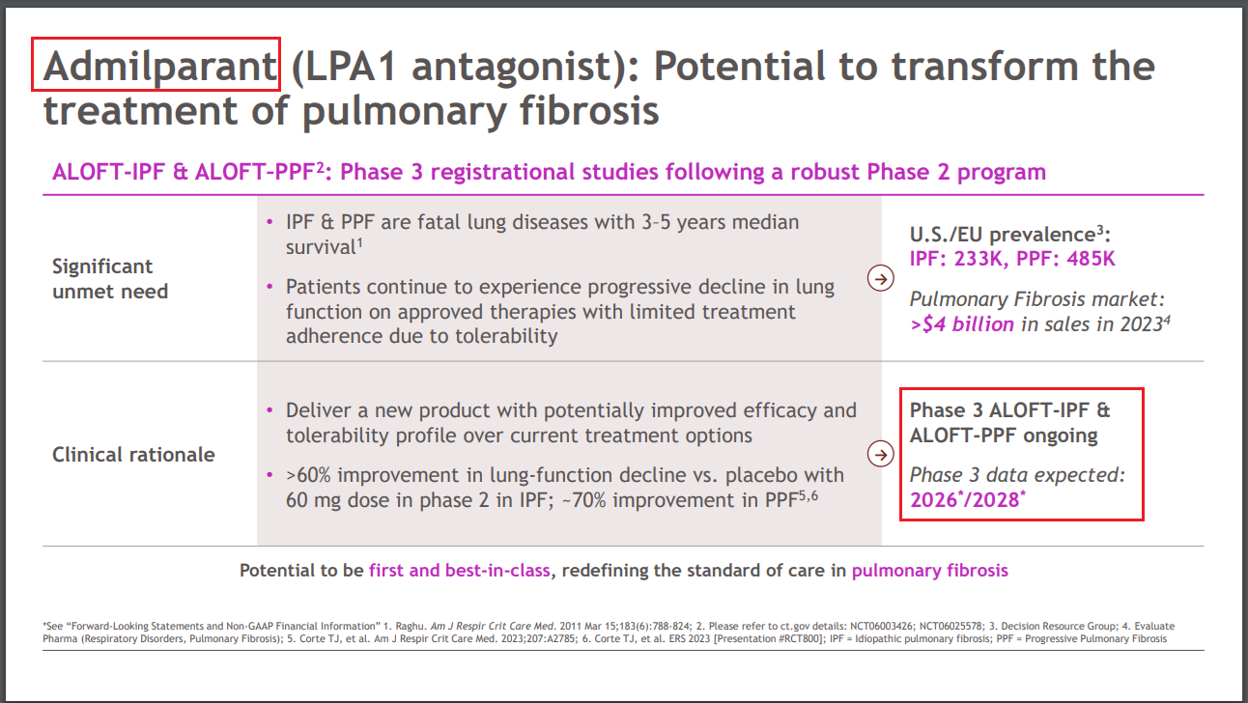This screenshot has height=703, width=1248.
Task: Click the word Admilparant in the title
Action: click(159, 67)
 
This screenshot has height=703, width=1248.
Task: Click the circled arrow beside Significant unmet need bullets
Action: click(880, 278)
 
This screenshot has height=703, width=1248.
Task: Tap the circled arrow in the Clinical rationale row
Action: click(880, 455)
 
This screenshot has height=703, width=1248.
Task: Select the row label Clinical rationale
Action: click(133, 455)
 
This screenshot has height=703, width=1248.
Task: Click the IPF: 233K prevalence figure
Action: click(958, 259)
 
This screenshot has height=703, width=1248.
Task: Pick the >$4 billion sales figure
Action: click(962, 324)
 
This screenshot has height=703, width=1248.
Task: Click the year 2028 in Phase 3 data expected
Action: click(993, 499)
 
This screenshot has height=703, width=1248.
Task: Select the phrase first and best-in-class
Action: click(459, 571)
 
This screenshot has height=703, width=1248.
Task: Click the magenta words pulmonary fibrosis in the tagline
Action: click(930, 571)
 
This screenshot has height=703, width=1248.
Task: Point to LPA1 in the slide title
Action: click(351, 67)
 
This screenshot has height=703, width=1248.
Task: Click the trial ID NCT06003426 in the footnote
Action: click(882, 626)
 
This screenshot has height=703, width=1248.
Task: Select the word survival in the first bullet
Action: click(321, 247)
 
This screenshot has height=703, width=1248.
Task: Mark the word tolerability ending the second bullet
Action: click(506, 336)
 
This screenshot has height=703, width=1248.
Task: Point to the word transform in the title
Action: click(985, 67)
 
